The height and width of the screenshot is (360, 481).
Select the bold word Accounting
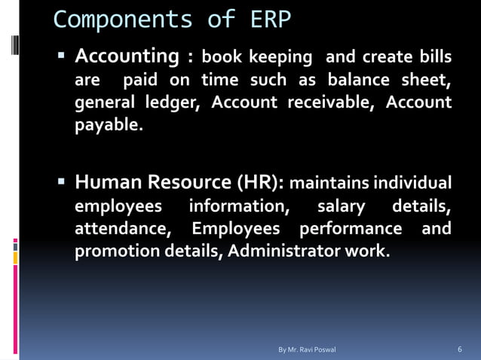(126, 56)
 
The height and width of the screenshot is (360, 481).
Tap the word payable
(106, 125)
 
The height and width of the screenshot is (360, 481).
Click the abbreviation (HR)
(261, 182)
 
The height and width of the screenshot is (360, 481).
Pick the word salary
(341, 206)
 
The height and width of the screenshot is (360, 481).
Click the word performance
(351, 228)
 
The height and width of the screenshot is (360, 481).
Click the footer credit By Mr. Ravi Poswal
(307, 349)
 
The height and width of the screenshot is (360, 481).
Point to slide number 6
(460, 349)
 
